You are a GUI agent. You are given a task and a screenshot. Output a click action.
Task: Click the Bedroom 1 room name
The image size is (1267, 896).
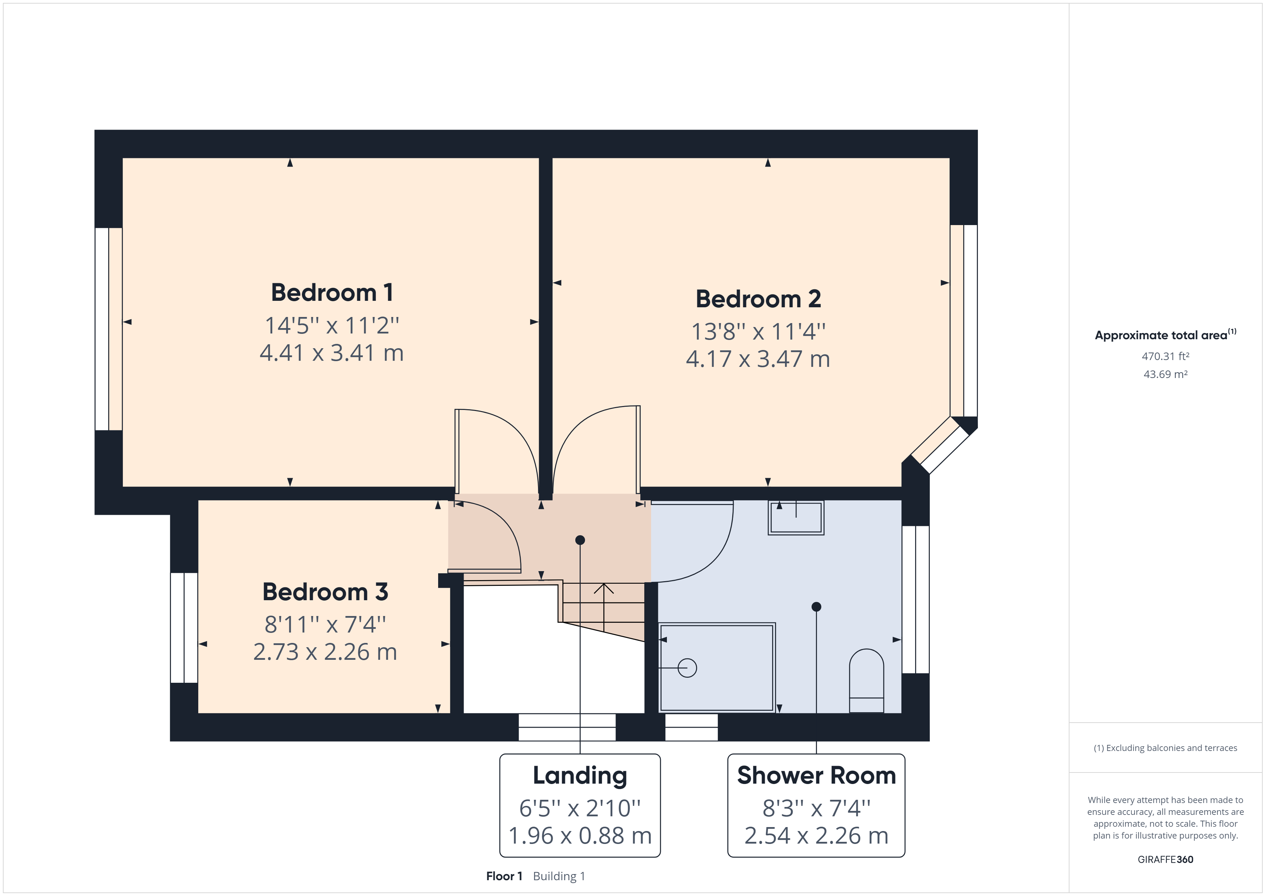point(331,293)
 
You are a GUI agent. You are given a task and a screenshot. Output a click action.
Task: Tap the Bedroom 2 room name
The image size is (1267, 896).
point(758,299)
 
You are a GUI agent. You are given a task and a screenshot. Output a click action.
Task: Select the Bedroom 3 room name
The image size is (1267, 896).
point(325,592)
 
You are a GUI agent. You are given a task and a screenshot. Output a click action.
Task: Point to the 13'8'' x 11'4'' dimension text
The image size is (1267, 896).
point(758,332)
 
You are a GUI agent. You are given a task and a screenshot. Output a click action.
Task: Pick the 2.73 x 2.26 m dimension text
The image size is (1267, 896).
point(325,652)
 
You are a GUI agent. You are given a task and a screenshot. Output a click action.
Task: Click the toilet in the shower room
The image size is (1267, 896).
point(866,681)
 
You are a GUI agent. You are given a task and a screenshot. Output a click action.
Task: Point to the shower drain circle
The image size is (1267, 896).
point(687,668)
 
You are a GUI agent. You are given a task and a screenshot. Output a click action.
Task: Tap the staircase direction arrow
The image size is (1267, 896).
point(604,589)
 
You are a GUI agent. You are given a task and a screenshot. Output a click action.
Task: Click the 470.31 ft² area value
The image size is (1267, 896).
point(1165,356)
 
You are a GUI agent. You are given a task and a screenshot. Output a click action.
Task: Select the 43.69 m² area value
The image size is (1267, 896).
point(1165,374)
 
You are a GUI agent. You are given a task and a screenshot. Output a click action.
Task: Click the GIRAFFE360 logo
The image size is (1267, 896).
point(1165,859)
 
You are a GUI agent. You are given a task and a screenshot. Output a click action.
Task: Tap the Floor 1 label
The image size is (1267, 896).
point(504,876)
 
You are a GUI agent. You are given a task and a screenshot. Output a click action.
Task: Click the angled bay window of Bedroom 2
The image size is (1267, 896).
point(939,445)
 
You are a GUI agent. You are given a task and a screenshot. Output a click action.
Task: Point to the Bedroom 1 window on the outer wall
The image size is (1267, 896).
point(108,329)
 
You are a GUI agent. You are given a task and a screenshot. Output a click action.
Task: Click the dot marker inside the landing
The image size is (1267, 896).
point(580,540)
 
